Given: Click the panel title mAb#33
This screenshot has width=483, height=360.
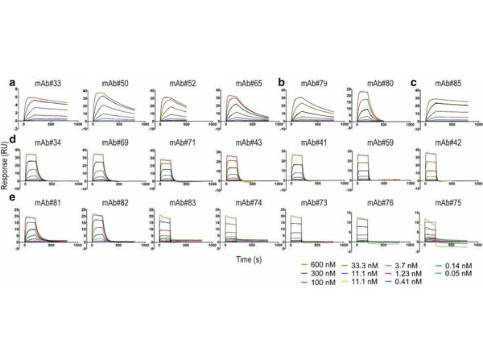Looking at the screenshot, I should point(46,83).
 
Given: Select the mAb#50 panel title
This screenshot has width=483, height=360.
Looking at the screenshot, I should point(114,83).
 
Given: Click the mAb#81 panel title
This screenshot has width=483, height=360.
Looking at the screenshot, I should point(46,204).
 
